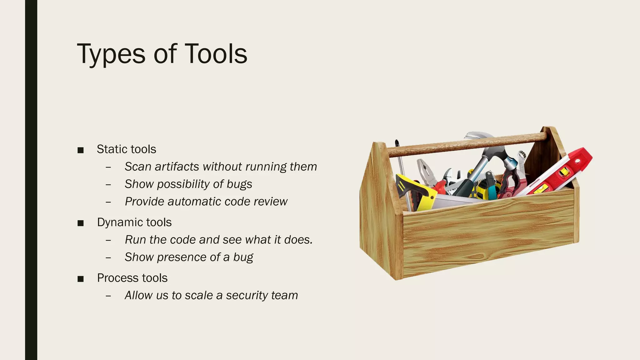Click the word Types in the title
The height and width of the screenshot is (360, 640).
point(111,54)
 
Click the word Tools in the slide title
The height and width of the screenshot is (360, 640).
point(216,54)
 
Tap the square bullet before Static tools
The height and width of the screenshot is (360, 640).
point(81,150)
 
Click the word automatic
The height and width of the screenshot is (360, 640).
point(194,202)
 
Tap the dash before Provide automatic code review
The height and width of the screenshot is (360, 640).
point(108,202)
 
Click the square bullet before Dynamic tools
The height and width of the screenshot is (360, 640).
point(81,223)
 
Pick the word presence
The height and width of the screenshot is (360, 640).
point(182,257)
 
